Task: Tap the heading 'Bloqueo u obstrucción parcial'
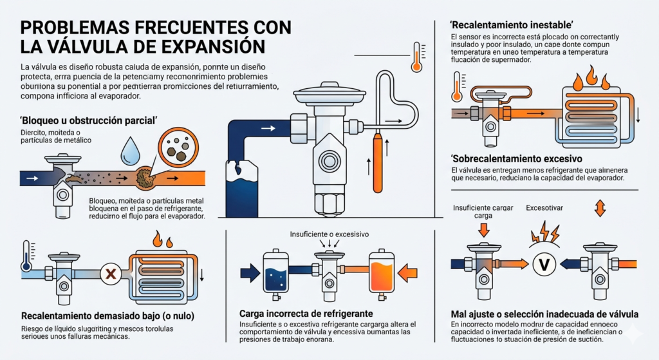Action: tap(89, 120)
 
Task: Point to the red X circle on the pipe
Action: tap(111, 274)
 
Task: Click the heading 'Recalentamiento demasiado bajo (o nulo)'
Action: tap(107, 316)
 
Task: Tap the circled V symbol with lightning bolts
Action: tap(542, 263)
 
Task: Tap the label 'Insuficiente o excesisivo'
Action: tap(329, 235)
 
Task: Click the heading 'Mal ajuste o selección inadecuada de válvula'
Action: tap(544, 314)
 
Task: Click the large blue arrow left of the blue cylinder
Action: tap(248, 272)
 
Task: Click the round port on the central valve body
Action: tap(325, 158)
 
